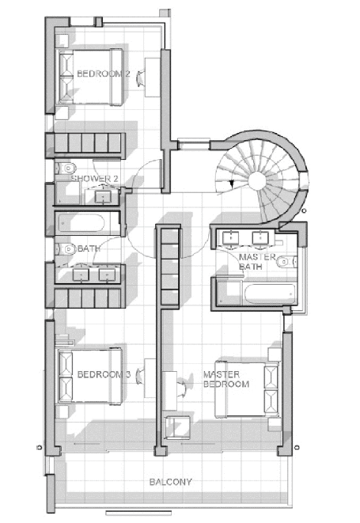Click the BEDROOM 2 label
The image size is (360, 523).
pyautogui.click(x=104, y=74)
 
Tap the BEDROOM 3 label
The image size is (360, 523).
pyautogui.click(x=104, y=374)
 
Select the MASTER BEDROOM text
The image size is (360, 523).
pyautogui.click(x=226, y=379)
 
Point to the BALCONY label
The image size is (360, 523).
pyautogui.click(x=170, y=482)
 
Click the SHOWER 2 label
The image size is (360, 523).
pyautogui.click(x=95, y=179)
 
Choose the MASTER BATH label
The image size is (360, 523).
pyautogui.click(x=257, y=262)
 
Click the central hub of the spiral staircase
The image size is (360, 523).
pyautogui.click(x=257, y=180)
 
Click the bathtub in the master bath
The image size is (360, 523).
pyautogui.click(x=270, y=294)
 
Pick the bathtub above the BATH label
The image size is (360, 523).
pyautogui.click(x=82, y=223)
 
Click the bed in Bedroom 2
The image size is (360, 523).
pyautogui.click(x=91, y=77)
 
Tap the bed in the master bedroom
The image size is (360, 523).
pyautogui.click(x=246, y=389)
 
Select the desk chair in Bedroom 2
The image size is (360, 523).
pyautogui.click(x=141, y=78)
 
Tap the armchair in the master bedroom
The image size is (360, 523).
pyautogui.click(x=177, y=427)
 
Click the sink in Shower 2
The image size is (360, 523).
pyautogui.click(x=103, y=196)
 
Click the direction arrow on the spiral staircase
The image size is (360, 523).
pyautogui.click(x=232, y=183)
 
